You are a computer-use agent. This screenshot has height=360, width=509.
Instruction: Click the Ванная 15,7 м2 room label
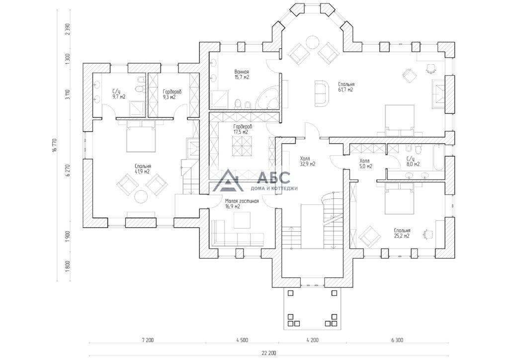click(242, 75)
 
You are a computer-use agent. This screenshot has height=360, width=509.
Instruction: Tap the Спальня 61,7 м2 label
click(346, 87)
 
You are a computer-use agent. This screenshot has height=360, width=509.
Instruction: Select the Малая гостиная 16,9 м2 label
click(242, 204)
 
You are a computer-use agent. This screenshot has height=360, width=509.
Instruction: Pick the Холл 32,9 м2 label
click(307, 161)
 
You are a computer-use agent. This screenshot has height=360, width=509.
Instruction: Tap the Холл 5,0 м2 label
click(366, 163)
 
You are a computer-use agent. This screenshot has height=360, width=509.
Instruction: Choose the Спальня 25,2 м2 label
click(402, 233)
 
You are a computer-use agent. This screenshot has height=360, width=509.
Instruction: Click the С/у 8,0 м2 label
click(413, 161)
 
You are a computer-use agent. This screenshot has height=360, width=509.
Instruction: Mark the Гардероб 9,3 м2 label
click(172, 94)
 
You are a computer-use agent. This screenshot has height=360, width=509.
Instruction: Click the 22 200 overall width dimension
click(269, 353)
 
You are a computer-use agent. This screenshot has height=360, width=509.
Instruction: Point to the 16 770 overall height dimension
click(55, 145)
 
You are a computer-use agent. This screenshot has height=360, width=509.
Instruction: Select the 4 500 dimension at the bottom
click(242, 340)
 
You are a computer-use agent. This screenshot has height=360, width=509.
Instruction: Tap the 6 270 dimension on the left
click(68, 170)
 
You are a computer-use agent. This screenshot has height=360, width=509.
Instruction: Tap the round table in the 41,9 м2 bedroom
click(142, 197)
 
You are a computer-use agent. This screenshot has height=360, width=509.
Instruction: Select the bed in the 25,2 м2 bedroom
click(399, 198)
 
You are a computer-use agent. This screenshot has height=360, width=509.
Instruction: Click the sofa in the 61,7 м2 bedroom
click(322, 93)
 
